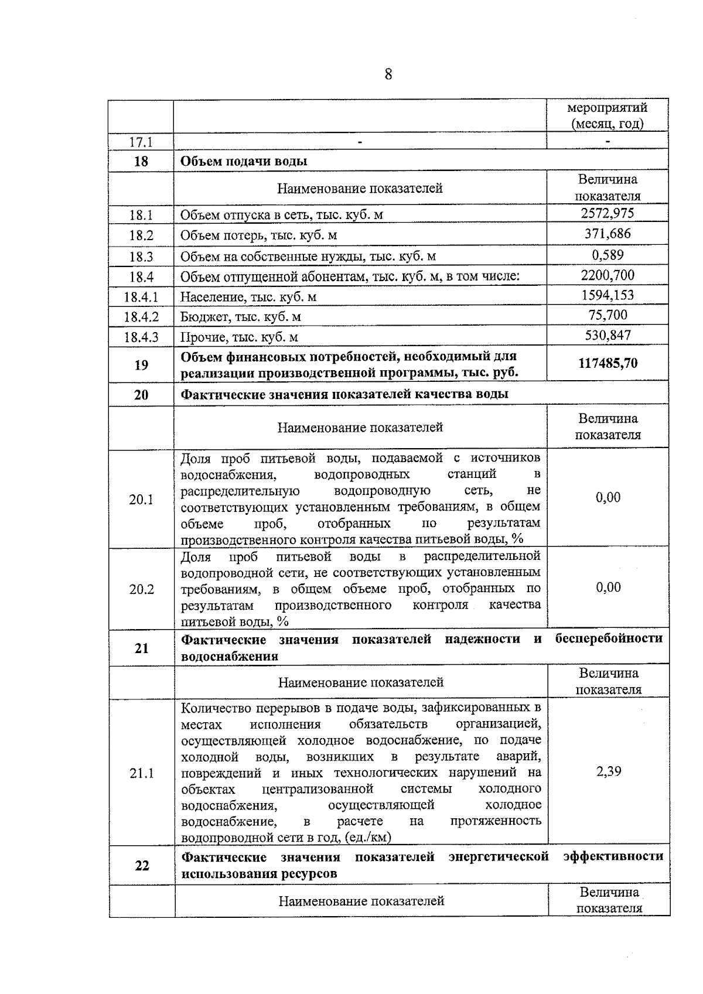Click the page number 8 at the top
388,74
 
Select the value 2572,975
607,213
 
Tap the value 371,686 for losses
607,234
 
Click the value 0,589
608,255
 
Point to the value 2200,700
608,275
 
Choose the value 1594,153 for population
608,295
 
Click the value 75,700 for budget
608,315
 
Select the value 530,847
608,335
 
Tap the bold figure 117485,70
608,363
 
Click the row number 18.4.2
141,317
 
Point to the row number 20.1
141,499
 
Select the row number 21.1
141,773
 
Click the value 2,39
609,771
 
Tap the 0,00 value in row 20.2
608,587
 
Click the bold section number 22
142,865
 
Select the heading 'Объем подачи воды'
243,161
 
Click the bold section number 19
141,365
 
